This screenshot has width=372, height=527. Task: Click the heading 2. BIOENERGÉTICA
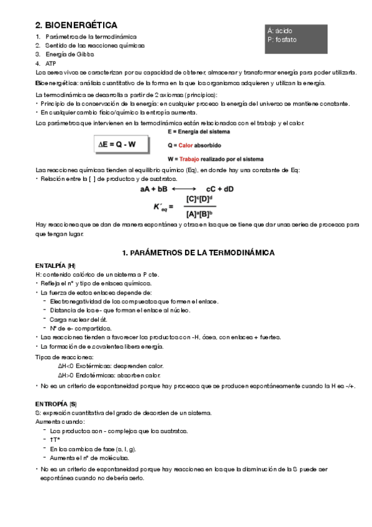pos(76,25)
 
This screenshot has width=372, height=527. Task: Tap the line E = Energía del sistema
pos(199,132)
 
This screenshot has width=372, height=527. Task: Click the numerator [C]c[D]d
pos(199,199)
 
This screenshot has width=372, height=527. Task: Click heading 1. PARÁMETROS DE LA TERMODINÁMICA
pos(198,253)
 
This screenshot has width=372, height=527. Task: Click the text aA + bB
pos(153,188)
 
